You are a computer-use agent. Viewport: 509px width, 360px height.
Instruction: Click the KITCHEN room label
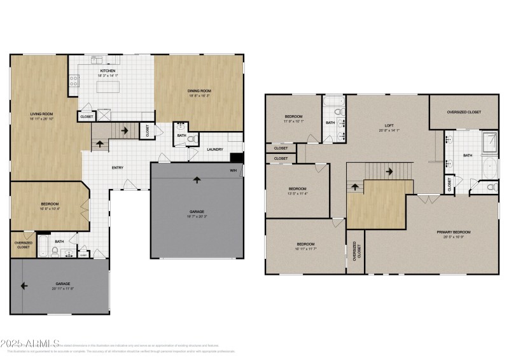point(106,70)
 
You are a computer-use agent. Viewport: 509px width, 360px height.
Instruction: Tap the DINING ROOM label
point(199,91)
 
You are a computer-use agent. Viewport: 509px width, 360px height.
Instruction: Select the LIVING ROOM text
point(41,114)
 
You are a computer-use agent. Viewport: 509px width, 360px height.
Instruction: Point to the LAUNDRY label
point(214,149)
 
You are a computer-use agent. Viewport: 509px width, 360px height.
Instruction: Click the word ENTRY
point(118,168)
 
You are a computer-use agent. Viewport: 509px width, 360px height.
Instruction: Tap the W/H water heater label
point(233,170)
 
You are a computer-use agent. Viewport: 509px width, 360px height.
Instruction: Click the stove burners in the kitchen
point(73,81)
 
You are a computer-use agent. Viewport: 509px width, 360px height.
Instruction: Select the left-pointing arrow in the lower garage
point(24,286)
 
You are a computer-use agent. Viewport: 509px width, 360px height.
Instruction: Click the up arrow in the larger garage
point(197,179)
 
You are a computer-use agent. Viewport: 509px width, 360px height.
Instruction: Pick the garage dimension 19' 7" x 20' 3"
point(197,216)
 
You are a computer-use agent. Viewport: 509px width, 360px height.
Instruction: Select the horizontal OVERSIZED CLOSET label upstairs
point(464,112)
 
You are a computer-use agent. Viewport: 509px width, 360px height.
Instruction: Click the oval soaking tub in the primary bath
point(490,169)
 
